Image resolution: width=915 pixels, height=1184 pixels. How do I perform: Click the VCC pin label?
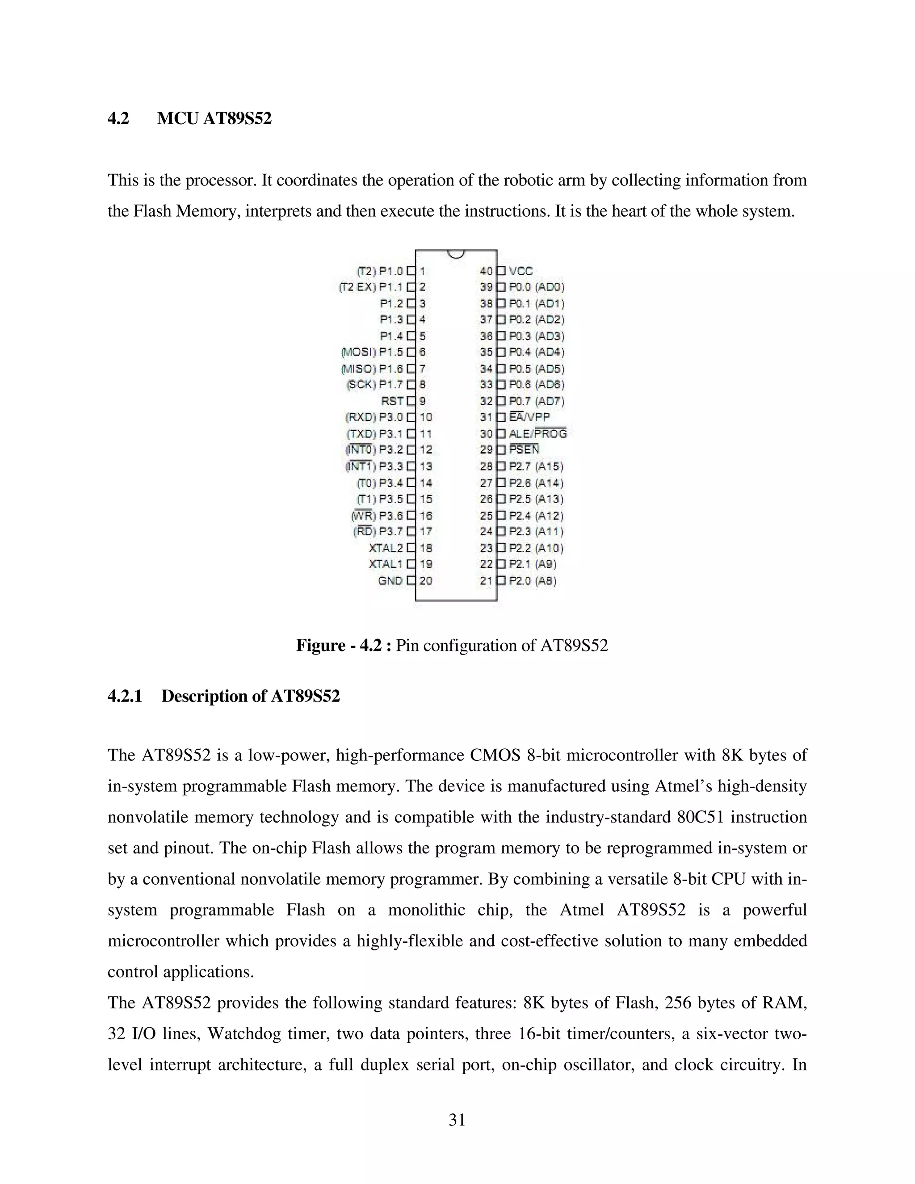tap(521, 271)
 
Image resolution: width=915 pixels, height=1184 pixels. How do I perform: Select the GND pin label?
tap(390, 581)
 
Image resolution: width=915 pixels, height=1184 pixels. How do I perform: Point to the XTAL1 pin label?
tap(386, 564)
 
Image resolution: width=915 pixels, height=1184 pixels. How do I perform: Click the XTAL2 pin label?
tap(386, 548)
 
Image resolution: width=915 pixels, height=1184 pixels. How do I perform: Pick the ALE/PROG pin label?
tap(538, 434)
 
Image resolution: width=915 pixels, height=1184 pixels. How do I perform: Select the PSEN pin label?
tap(524, 449)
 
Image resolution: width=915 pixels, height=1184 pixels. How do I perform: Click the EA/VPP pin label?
tap(529, 417)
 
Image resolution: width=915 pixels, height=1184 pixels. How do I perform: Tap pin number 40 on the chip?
tap(486, 271)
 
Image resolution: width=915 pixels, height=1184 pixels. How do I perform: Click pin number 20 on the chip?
tap(426, 581)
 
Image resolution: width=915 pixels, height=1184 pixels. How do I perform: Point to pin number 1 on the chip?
tap(422, 271)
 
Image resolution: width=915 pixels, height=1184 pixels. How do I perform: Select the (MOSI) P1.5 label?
tap(372, 353)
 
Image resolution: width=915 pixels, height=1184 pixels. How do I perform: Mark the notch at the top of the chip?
tap(457, 254)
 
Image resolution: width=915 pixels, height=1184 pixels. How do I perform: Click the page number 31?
tap(457, 1120)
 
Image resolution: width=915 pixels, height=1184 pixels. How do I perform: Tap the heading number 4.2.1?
tap(125, 696)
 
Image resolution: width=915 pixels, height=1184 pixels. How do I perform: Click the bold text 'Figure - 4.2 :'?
tap(343, 646)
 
